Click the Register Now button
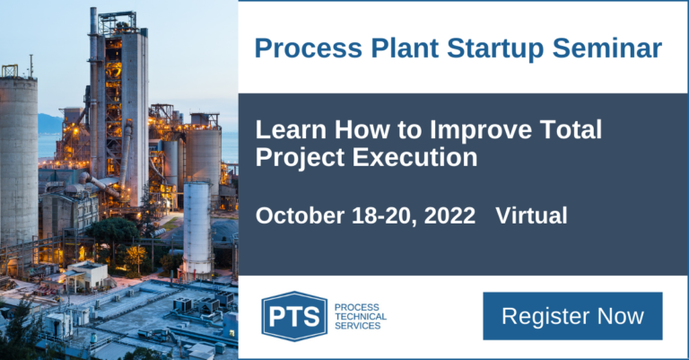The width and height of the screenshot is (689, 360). tap(572, 316)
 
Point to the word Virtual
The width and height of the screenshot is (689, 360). tap(531, 215)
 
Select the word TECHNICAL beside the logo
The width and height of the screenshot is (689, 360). tap(360, 316)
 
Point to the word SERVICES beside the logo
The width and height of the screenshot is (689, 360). tap(357, 326)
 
